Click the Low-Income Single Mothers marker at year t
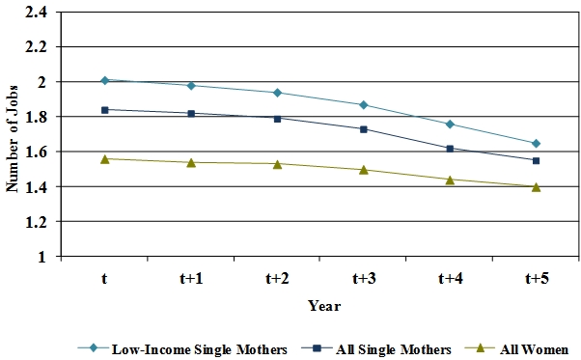[104, 80]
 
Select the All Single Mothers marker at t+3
[364, 129]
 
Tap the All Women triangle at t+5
[536, 187]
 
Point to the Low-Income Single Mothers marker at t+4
[450, 124]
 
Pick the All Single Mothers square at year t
[104, 109]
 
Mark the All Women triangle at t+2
[277, 164]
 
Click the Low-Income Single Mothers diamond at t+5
[536, 143]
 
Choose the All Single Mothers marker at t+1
[191, 113]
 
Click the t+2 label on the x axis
[277, 279]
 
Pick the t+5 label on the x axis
[536, 279]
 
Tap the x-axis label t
[104, 279]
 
